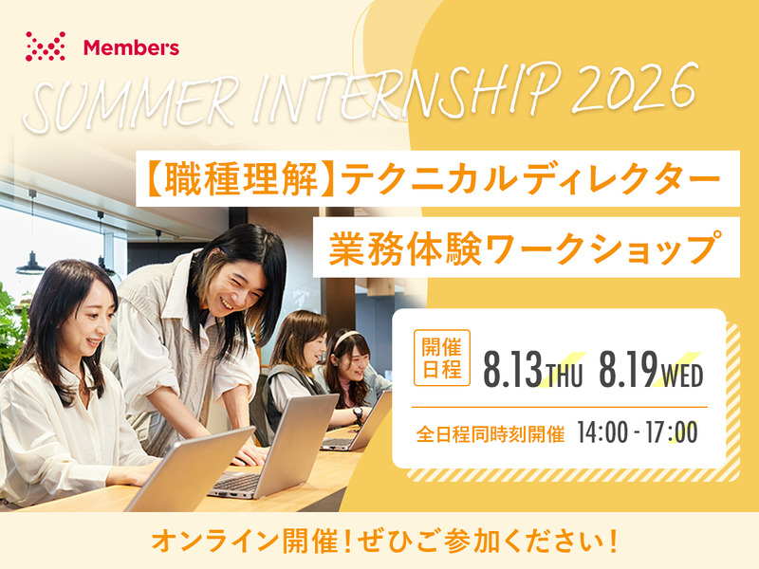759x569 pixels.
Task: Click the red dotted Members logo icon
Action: (x=45, y=46)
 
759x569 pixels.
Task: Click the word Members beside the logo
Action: (x=131, y=46)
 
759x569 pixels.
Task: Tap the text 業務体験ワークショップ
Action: (x=526, y=248)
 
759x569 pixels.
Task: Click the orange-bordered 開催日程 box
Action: (x=441, y=358)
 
